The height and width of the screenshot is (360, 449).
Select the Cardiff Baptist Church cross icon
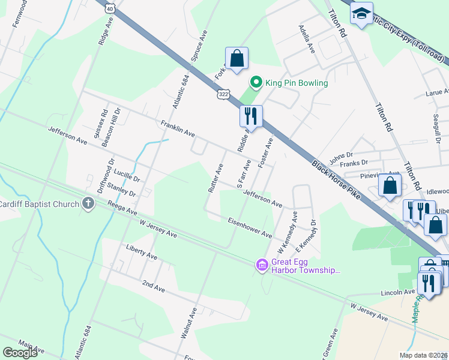pyautogui.click(x=88, y=203)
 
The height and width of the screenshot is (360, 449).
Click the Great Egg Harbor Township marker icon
pyautogui.click(x=262, y=265)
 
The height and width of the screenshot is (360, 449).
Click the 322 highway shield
pyautogui.click(x=223, y=95)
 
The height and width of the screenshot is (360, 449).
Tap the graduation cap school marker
pyautogui.click(x=361, y=15)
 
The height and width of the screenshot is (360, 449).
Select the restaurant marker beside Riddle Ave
pyautogui.click(x=251, y=116)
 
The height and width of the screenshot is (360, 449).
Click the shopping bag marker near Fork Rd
pyautogui.click(x=237, y=59)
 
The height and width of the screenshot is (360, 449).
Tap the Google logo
pyautogui.click(x=20, y=353)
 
